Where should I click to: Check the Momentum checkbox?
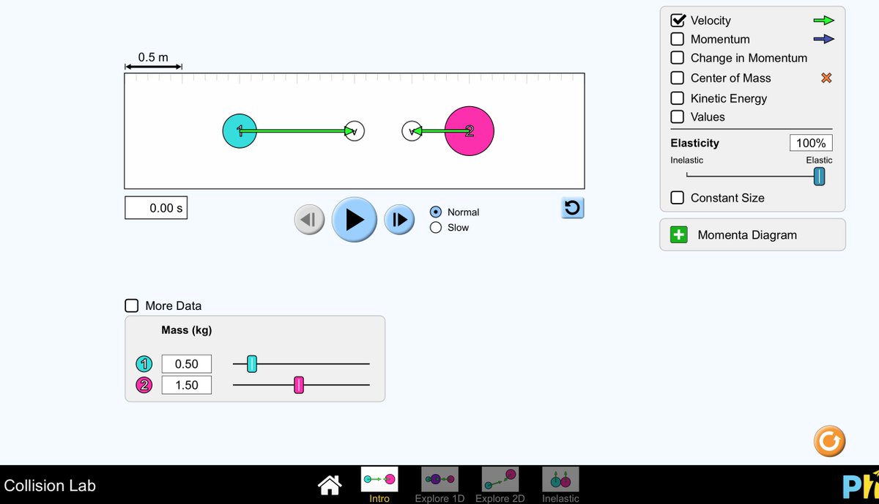678,39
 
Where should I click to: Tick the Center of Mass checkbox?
678,78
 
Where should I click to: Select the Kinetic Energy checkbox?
678,98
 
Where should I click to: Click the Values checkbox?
678,116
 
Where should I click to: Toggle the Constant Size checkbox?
678,198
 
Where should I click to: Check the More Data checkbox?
132,305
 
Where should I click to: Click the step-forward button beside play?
399,219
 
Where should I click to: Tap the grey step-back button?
309,219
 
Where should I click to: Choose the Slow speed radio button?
436,227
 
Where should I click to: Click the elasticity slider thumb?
819,176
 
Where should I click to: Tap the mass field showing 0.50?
186,363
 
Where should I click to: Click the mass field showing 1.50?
186,385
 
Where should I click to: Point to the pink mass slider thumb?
299,385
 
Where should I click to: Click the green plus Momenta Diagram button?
679,234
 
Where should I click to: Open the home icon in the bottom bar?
330,484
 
